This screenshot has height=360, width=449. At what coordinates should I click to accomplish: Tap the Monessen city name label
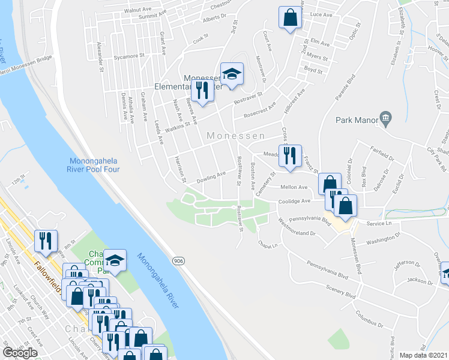[232, 136]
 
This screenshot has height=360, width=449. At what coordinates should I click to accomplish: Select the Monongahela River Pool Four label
[95, 165]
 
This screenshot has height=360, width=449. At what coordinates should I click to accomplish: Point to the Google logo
[20, 352]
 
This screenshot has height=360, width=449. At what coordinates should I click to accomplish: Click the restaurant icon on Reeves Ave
[202, 91]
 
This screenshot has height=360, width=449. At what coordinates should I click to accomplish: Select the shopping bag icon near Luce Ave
[290, 18]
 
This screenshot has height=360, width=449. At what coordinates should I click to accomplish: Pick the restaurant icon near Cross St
[290, 155]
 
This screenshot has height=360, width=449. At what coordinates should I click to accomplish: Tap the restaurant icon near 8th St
[46, 241]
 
